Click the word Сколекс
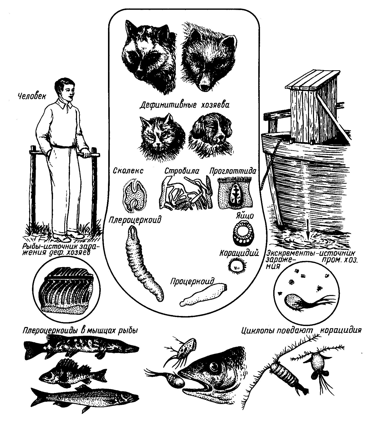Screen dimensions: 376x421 [128, 171]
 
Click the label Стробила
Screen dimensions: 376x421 [182, 171]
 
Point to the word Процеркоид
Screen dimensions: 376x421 [192, 281]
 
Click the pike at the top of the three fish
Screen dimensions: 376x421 [81, 346]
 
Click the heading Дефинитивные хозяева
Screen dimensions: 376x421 [184, 104]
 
